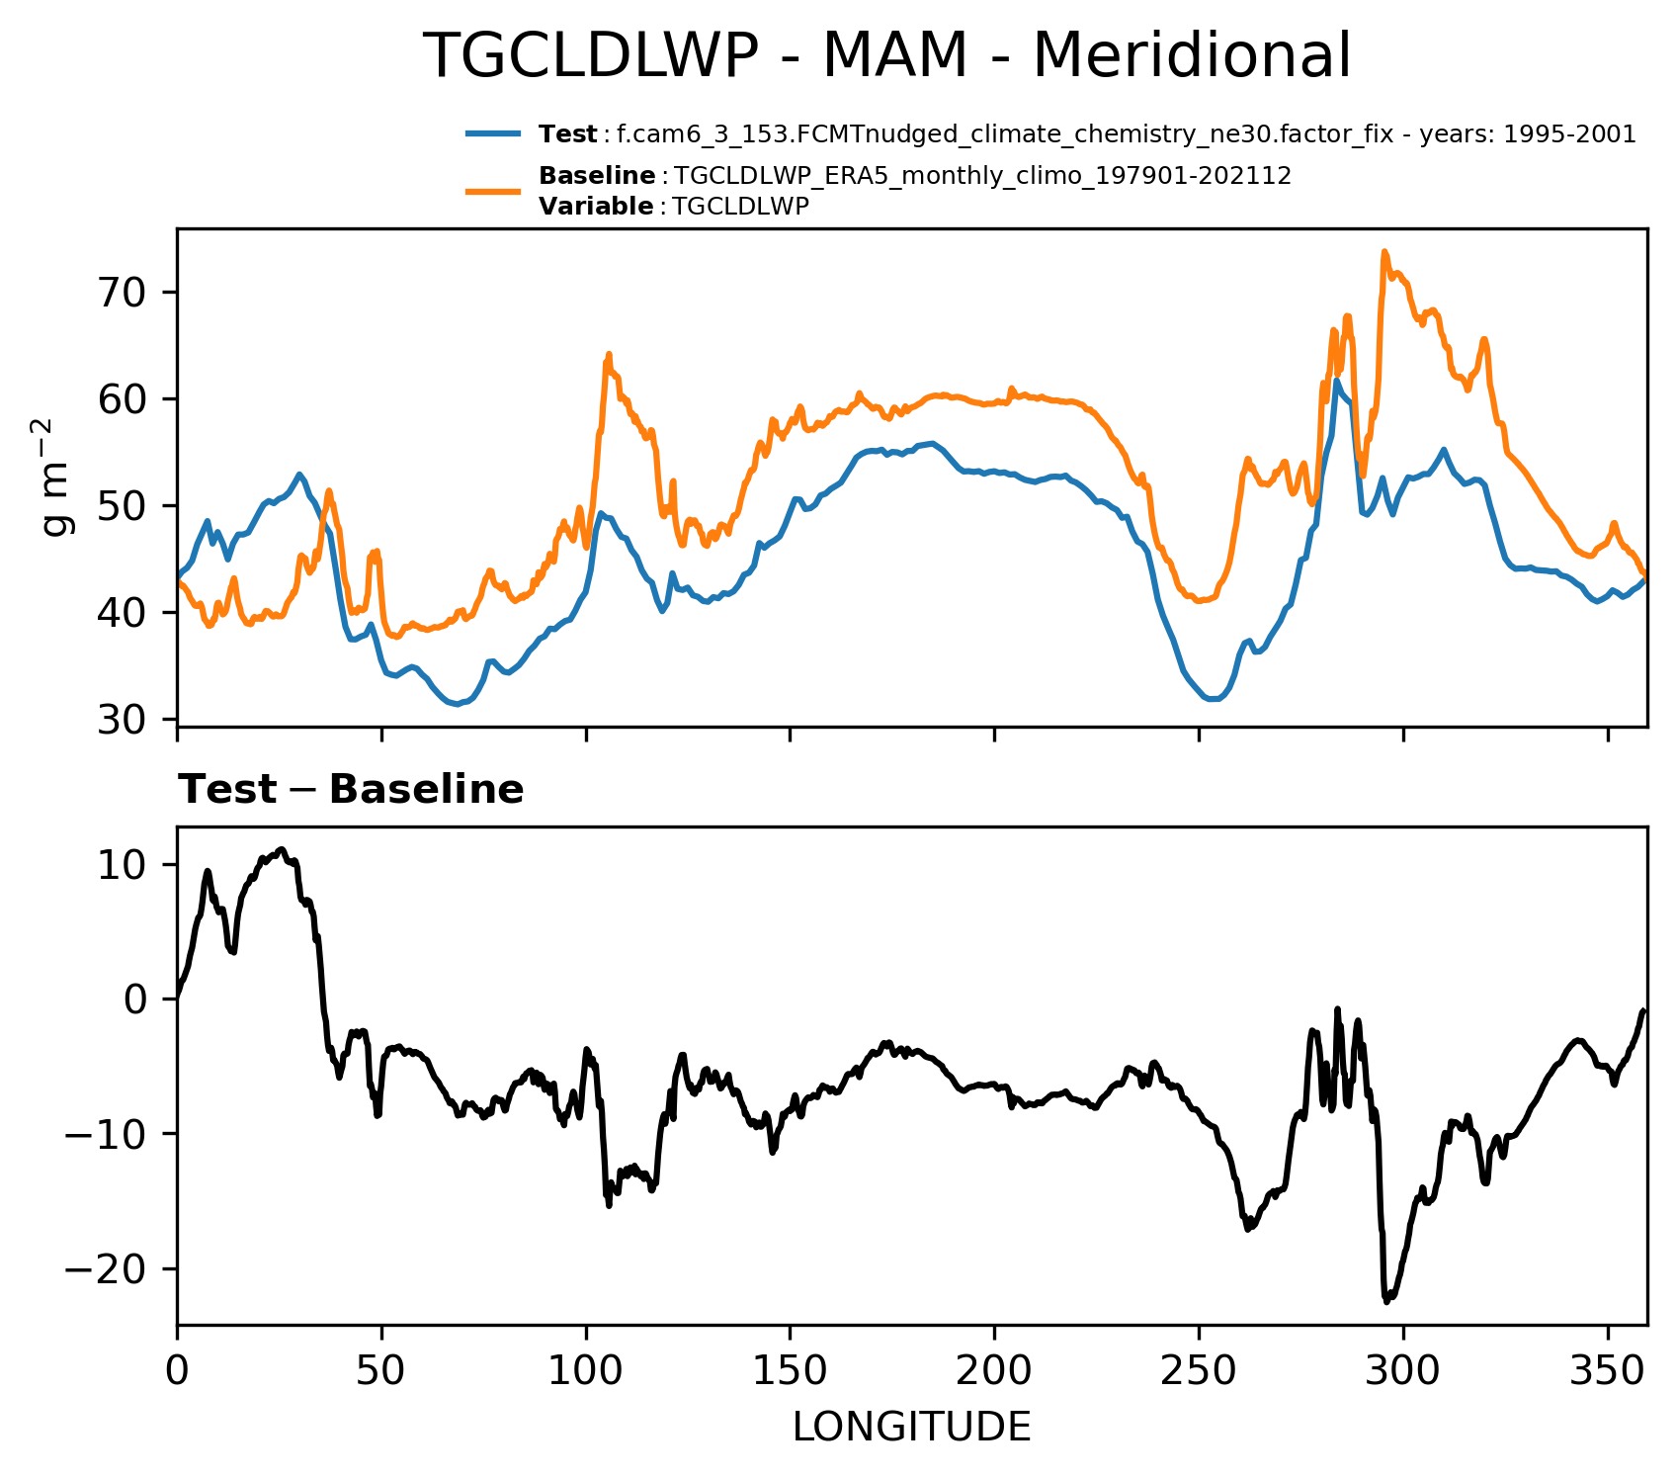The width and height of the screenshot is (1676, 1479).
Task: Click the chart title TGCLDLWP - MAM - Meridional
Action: coord(886,56)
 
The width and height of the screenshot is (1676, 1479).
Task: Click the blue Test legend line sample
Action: coord(493,134)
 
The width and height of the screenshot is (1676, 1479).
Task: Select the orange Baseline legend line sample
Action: coord(493,191)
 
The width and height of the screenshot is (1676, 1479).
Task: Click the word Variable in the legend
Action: coord(596,207)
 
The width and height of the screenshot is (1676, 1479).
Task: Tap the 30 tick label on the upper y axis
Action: coord(123,720)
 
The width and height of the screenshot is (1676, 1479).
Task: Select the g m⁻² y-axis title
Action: coord(57,477)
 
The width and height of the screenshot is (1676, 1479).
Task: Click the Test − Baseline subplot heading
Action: coord(351,790)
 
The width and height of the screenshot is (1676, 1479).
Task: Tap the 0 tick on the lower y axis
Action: coord(138,1000)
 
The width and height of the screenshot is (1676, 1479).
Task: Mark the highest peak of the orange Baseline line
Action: coord(1384,252)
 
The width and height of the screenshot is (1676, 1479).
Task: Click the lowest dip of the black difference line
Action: coord(1386,1302)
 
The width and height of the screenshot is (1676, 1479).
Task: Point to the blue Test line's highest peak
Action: coord(1336,381)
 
